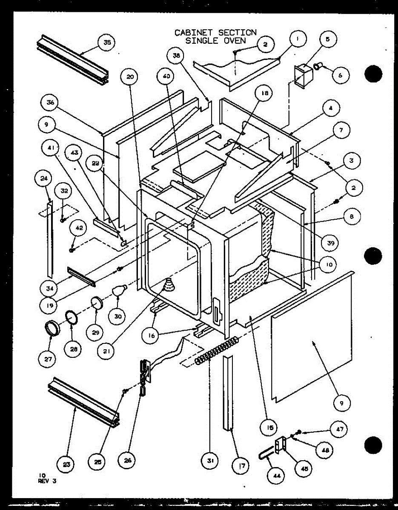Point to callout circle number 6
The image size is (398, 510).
coord(341,75)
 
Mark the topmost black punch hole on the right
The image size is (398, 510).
coord(373,74)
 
